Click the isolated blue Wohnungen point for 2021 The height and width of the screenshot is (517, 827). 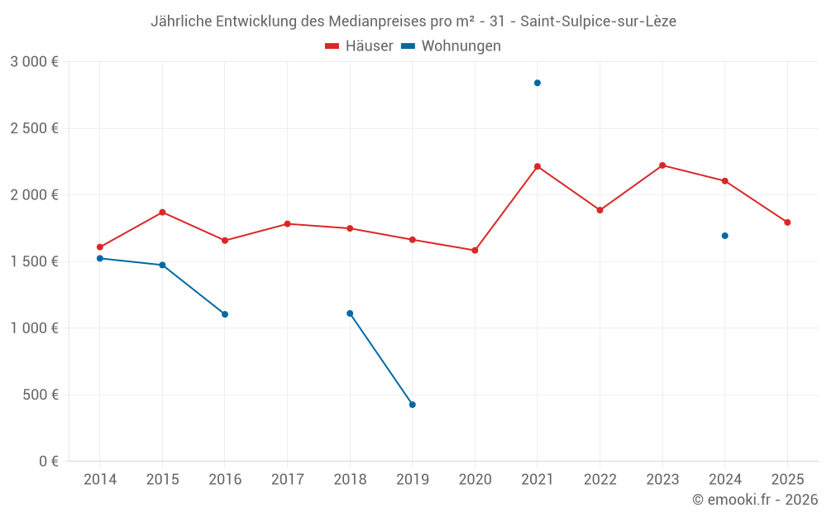click(538, 83)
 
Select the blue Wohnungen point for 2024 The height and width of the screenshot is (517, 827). click(725, 236)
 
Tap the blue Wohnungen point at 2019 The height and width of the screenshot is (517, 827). click(413, 405)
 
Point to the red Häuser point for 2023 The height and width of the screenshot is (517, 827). click(662, 165)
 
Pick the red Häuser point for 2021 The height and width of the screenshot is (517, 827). click(538, 166)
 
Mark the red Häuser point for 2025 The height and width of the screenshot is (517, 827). click(787, 223)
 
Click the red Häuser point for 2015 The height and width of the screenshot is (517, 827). click(162, 213)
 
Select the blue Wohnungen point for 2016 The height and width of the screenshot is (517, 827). click(225, 314)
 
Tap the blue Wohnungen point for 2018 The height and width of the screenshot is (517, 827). click(350, 314)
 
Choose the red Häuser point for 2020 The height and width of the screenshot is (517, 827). click(475, 251)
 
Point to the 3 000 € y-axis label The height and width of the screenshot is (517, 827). click(34, 62)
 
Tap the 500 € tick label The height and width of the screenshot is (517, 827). click(41, 395)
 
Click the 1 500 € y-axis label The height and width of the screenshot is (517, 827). click(34, 261)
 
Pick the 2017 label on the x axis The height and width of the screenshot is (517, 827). click(287, 480)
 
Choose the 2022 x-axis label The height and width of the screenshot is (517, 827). click(600, 480)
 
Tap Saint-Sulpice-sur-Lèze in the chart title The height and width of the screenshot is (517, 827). click(598, 22)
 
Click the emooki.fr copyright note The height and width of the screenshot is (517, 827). click(755, 500)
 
